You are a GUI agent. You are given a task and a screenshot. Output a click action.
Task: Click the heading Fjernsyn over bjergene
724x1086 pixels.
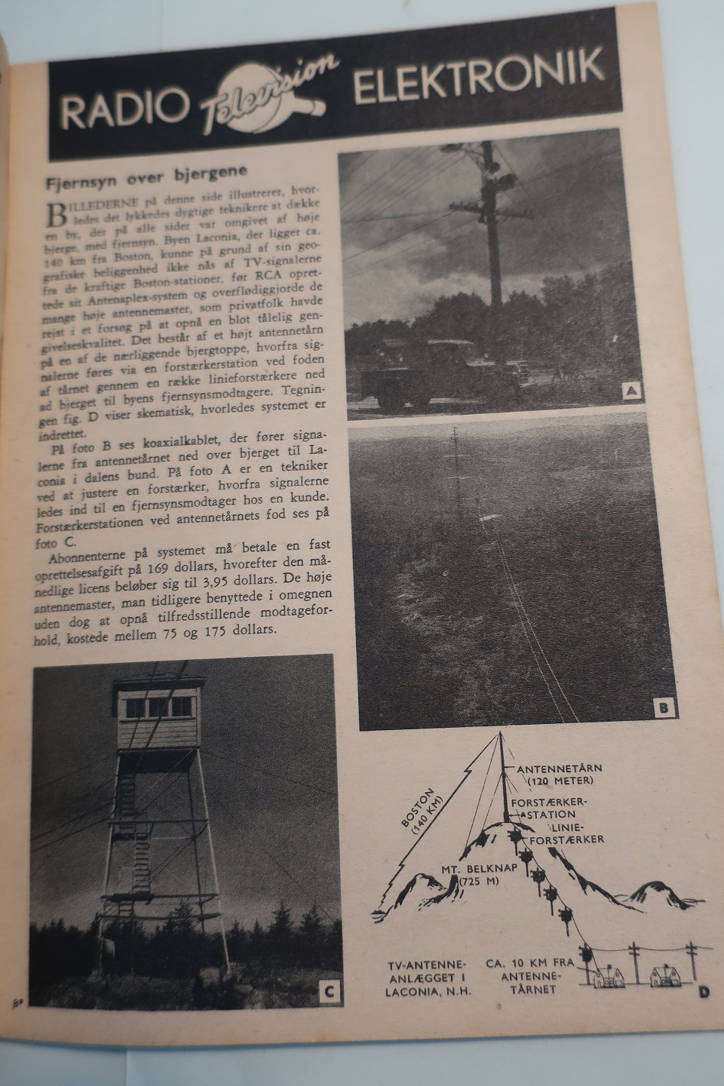147,182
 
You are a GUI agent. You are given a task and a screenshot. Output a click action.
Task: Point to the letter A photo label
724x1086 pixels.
630,390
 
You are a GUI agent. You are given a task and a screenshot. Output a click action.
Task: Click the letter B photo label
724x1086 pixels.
662,707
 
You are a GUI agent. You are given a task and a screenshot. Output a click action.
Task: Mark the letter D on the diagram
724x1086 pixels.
703,992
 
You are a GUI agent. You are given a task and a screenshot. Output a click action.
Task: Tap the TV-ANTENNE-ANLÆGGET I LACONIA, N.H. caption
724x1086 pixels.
427,978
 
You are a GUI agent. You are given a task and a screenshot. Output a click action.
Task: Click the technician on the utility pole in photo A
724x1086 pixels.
497,167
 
